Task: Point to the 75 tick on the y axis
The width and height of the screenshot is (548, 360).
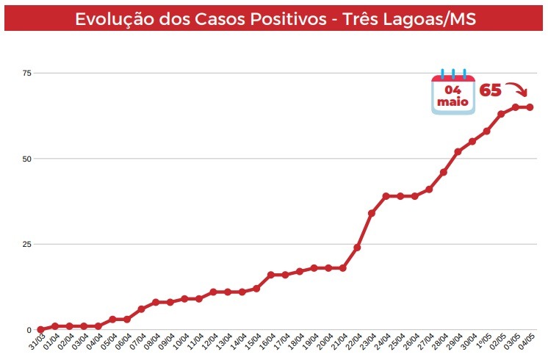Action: (x=27, y=73)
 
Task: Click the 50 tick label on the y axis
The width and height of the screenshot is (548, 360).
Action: (x=27, y=159)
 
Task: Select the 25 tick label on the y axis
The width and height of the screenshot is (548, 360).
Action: (x=27, y=244)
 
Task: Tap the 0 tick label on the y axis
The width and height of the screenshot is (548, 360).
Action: (x=29, y=330)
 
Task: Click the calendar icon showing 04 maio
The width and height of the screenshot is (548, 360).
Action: (x=453, y=93)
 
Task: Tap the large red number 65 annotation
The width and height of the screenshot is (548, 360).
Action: (x=491, y=90)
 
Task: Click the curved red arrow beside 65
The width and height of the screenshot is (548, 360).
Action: (x=517, y=91)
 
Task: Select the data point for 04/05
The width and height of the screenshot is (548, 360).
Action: (x=530, y=107)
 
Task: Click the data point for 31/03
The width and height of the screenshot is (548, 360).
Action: (x=40, y=330)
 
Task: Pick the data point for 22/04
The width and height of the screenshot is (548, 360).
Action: (x=357, y=248)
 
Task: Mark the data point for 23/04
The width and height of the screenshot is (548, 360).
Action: (x=372, y=213)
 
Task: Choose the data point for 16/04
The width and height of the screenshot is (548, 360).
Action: (x=270, y=275)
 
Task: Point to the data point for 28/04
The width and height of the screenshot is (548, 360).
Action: (x=444, y=172)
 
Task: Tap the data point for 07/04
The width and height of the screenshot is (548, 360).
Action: (x=141, y=309)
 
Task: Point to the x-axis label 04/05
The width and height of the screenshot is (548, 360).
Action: (x=526, y=342)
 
